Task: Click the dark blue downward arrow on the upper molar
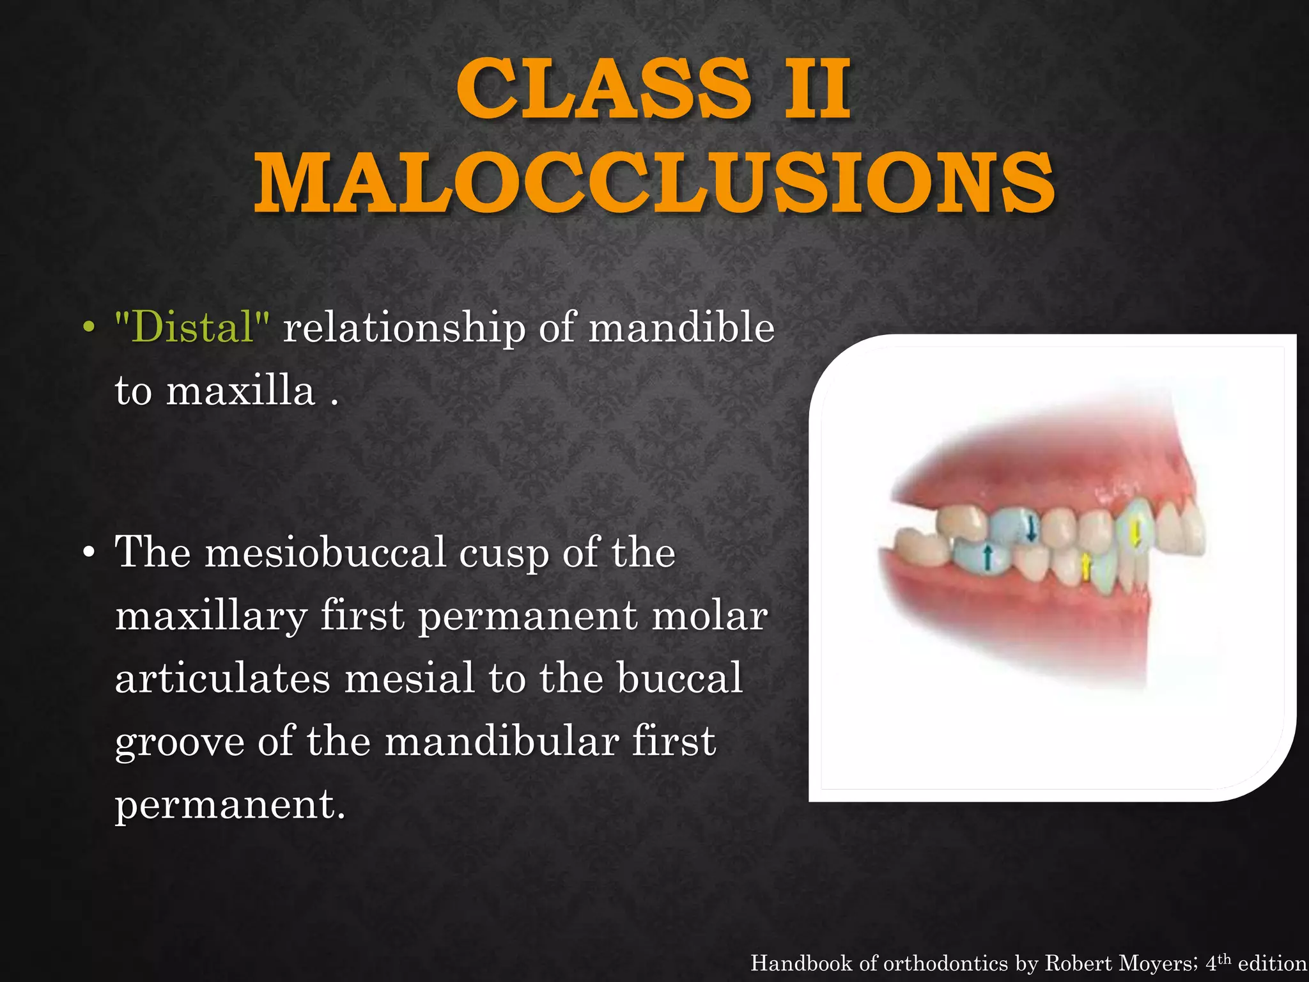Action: (1030, 528)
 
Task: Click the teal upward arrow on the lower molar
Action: (988, 557)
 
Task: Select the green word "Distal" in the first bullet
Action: (192, 327)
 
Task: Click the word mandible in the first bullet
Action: (681, 327)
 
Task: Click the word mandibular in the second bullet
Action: (502, 742)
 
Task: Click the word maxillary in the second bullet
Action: (211, 616)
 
